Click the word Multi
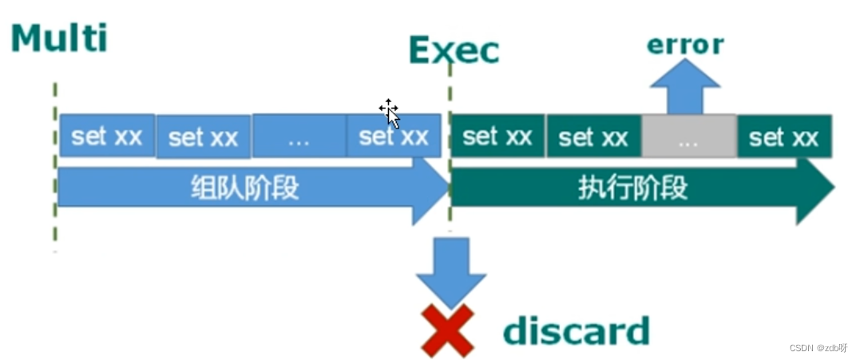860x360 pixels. pyautogui.click(x=59, y=38)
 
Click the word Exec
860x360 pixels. pyautogui.click(x=454, y=50)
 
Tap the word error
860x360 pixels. pyautogui.click(x=684, y=44)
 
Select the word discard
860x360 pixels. pyautogui.click(x=576, y=330)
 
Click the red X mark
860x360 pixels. pyautogui.click(x=447, y=330)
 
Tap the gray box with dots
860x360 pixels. pyautogui.click(x=688, y=136)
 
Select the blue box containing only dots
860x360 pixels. pyautogui.click(x=299, y=136)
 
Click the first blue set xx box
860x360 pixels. pyautogui.click(x=106, y=136)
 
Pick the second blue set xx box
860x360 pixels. pyautogui.click(x=203, y=137)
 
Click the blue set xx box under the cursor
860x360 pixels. pyautogui.click(x=394, y=136)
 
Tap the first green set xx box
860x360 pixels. pyautogui.click(x=497, y=136)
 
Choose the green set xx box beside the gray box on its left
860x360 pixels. pyautogui.click(x=593, y=136)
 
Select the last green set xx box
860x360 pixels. pyautogui.click(x=783, y=136)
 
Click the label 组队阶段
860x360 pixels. pyautogui.click(x=244, y=188)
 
